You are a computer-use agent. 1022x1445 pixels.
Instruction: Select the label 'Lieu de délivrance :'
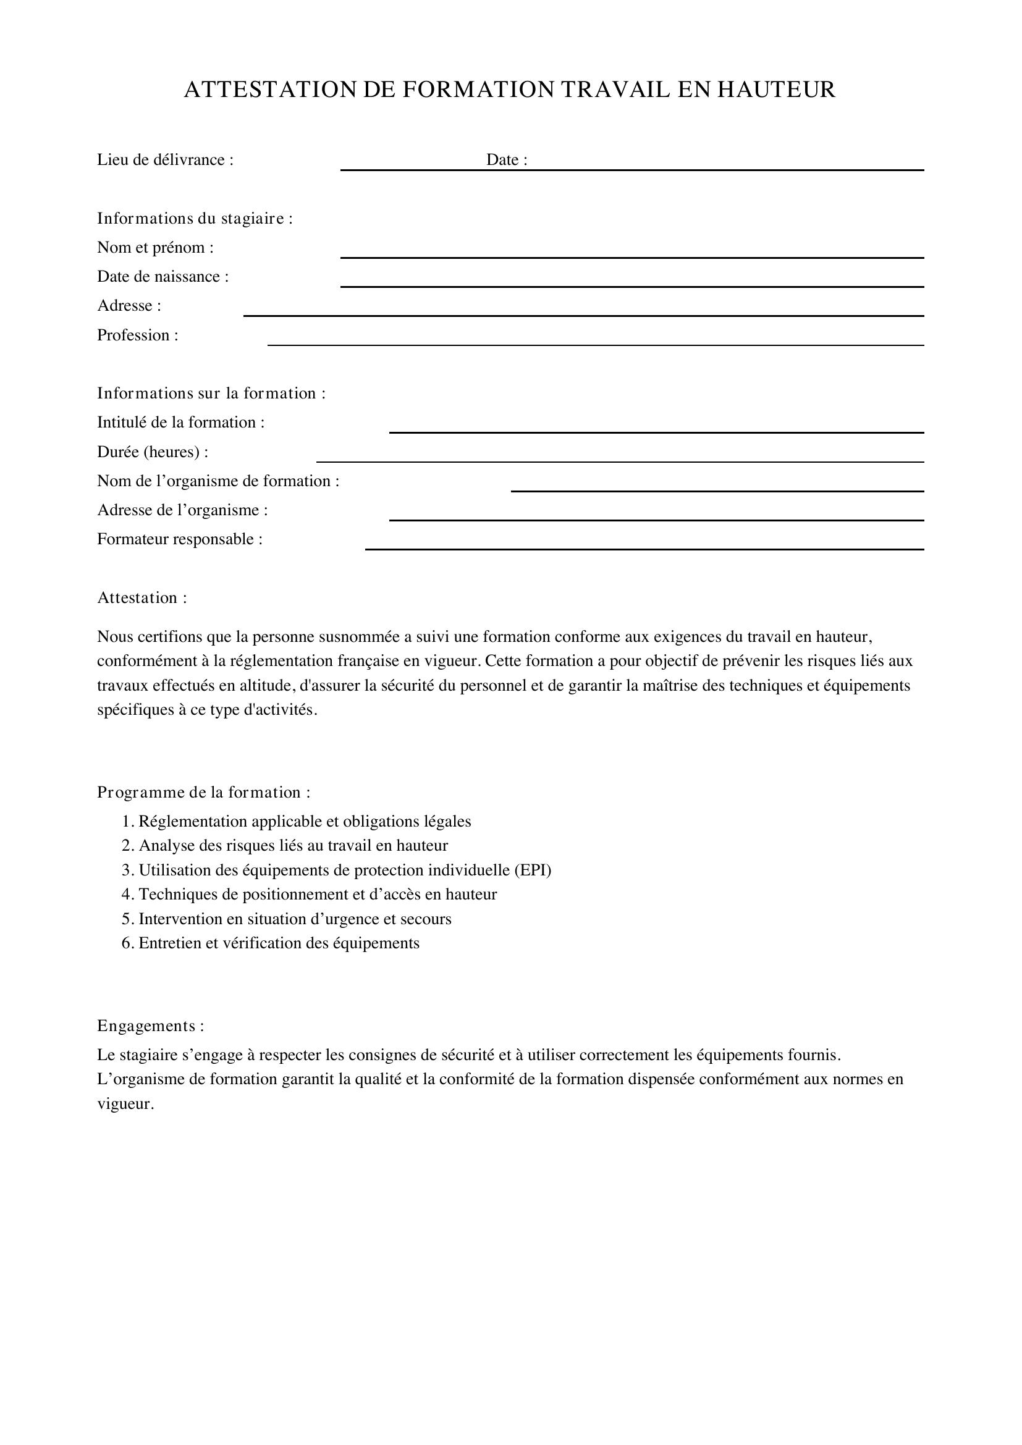(165, 160)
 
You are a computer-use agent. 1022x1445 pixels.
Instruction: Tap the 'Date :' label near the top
(506, 160)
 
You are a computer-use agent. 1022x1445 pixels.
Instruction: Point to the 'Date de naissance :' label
(163, 277)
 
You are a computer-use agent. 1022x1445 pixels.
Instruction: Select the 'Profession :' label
(137, 335)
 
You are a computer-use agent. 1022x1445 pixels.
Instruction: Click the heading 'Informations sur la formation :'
(211, 394)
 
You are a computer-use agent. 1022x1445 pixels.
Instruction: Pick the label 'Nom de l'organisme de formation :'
(217, 481)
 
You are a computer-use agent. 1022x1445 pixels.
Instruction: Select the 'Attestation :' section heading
(141, 598)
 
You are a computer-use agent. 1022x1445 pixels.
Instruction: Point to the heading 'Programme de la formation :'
(203, 793)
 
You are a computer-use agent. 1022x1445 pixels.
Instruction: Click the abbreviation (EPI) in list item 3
(533, 870)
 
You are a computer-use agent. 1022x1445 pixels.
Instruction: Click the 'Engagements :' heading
(150, 1026)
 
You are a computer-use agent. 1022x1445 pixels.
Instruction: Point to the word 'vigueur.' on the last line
(125, 1104)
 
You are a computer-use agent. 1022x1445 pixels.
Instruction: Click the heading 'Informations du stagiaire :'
(195, 219)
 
